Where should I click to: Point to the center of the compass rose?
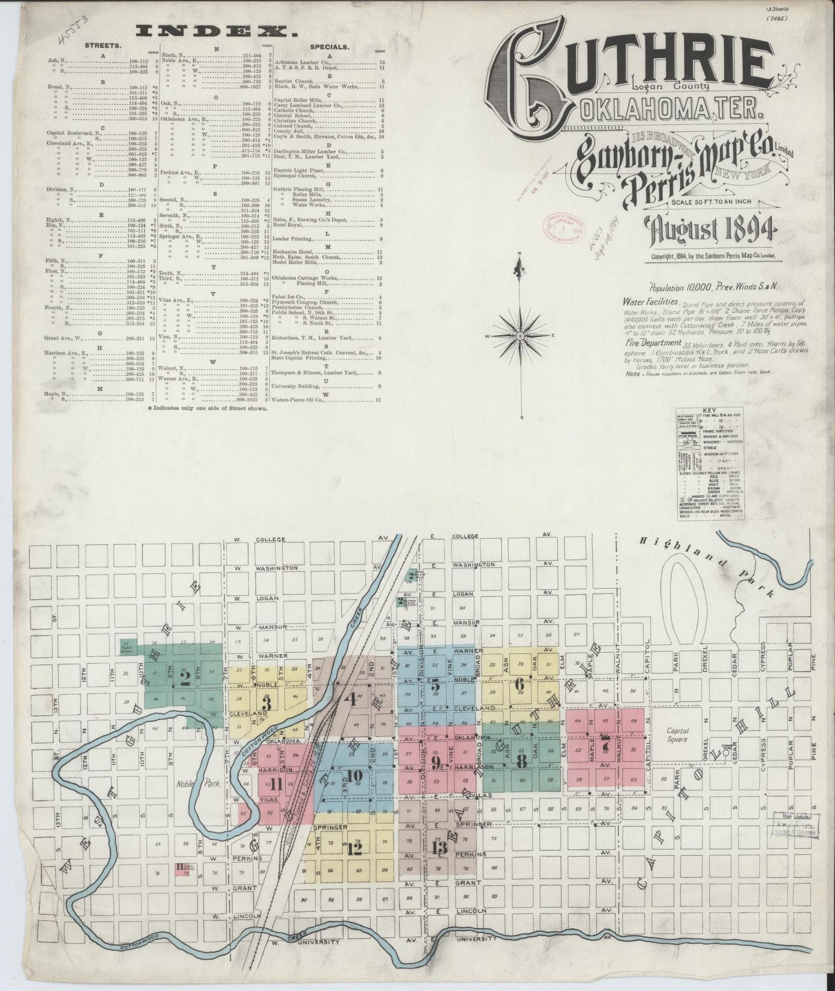pyautogui.click(x=520, y=336)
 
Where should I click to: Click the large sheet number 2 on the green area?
pyautogui.click(x=185, y=678)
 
